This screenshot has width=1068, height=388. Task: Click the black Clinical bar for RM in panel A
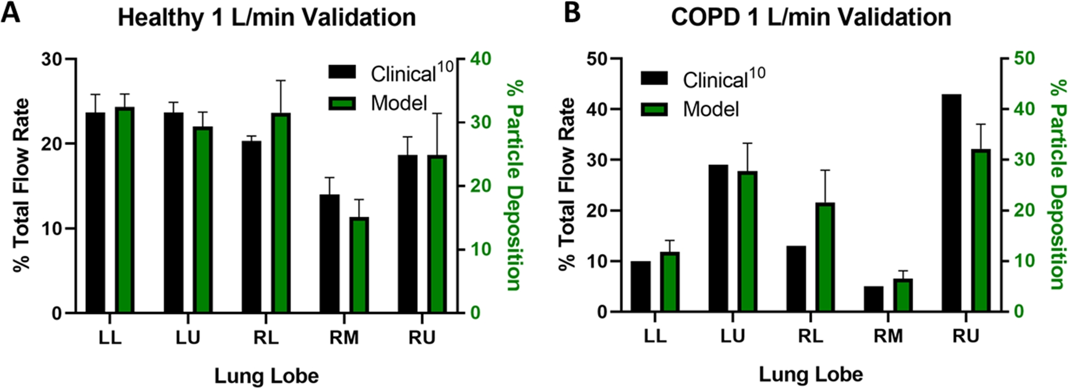(329, 254)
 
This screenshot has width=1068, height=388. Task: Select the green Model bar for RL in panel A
(281, 213)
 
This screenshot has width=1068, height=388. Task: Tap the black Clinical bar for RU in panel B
(952, 203)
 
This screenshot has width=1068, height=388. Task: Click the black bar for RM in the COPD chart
(874, 299)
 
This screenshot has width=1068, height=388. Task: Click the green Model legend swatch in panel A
(342, 103)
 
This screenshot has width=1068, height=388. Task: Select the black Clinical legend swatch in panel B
(654, 79)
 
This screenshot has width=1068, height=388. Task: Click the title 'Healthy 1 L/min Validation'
(266, 18)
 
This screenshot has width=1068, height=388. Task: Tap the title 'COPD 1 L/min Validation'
(811, 18)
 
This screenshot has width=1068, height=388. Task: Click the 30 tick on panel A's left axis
(52, 59)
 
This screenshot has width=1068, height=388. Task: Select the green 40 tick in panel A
(480, 59)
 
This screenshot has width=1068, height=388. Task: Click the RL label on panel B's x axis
(811, 336)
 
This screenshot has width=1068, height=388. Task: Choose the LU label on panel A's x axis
(188, 338)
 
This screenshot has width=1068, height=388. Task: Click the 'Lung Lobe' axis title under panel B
(811, 374)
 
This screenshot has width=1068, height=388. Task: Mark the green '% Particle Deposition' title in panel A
(514, 186)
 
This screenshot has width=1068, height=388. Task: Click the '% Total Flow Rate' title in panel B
(568, 184)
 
